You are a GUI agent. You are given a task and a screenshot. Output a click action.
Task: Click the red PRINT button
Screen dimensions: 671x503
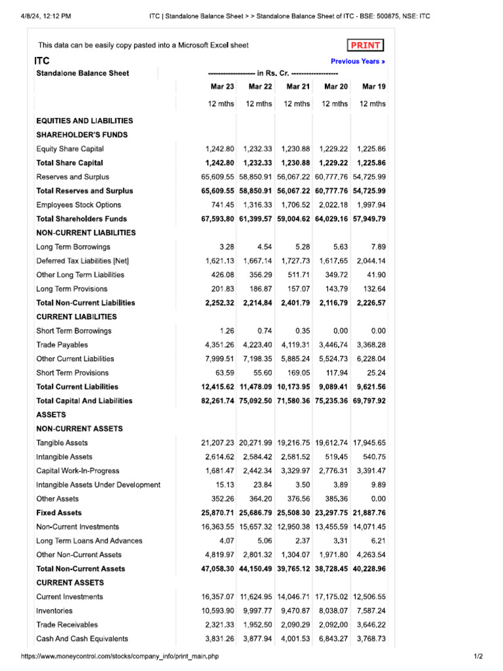(365, 45)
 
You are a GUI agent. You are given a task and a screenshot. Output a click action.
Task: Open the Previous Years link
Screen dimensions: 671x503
(358, 61)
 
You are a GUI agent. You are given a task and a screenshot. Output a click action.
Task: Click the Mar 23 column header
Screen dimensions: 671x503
(221, 86)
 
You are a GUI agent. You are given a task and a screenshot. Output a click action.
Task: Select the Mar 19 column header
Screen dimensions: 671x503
(374, 86)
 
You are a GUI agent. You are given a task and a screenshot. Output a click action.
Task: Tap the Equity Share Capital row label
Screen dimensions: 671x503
(70, 149)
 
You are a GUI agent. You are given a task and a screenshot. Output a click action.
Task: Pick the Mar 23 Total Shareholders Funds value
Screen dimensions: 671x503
(218, 219)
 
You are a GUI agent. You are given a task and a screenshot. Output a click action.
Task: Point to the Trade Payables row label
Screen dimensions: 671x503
(62, 345)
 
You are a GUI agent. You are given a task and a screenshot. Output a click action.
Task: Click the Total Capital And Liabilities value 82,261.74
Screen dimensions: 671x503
(218, 400)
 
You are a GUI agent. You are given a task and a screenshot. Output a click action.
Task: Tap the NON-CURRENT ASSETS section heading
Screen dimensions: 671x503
(79, 429)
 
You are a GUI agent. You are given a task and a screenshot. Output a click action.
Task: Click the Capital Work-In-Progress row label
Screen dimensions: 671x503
(78, 470)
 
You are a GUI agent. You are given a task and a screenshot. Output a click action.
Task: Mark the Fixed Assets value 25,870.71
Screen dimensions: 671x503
(218, 512)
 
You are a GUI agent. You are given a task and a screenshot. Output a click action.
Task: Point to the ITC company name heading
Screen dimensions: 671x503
(42, 60)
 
